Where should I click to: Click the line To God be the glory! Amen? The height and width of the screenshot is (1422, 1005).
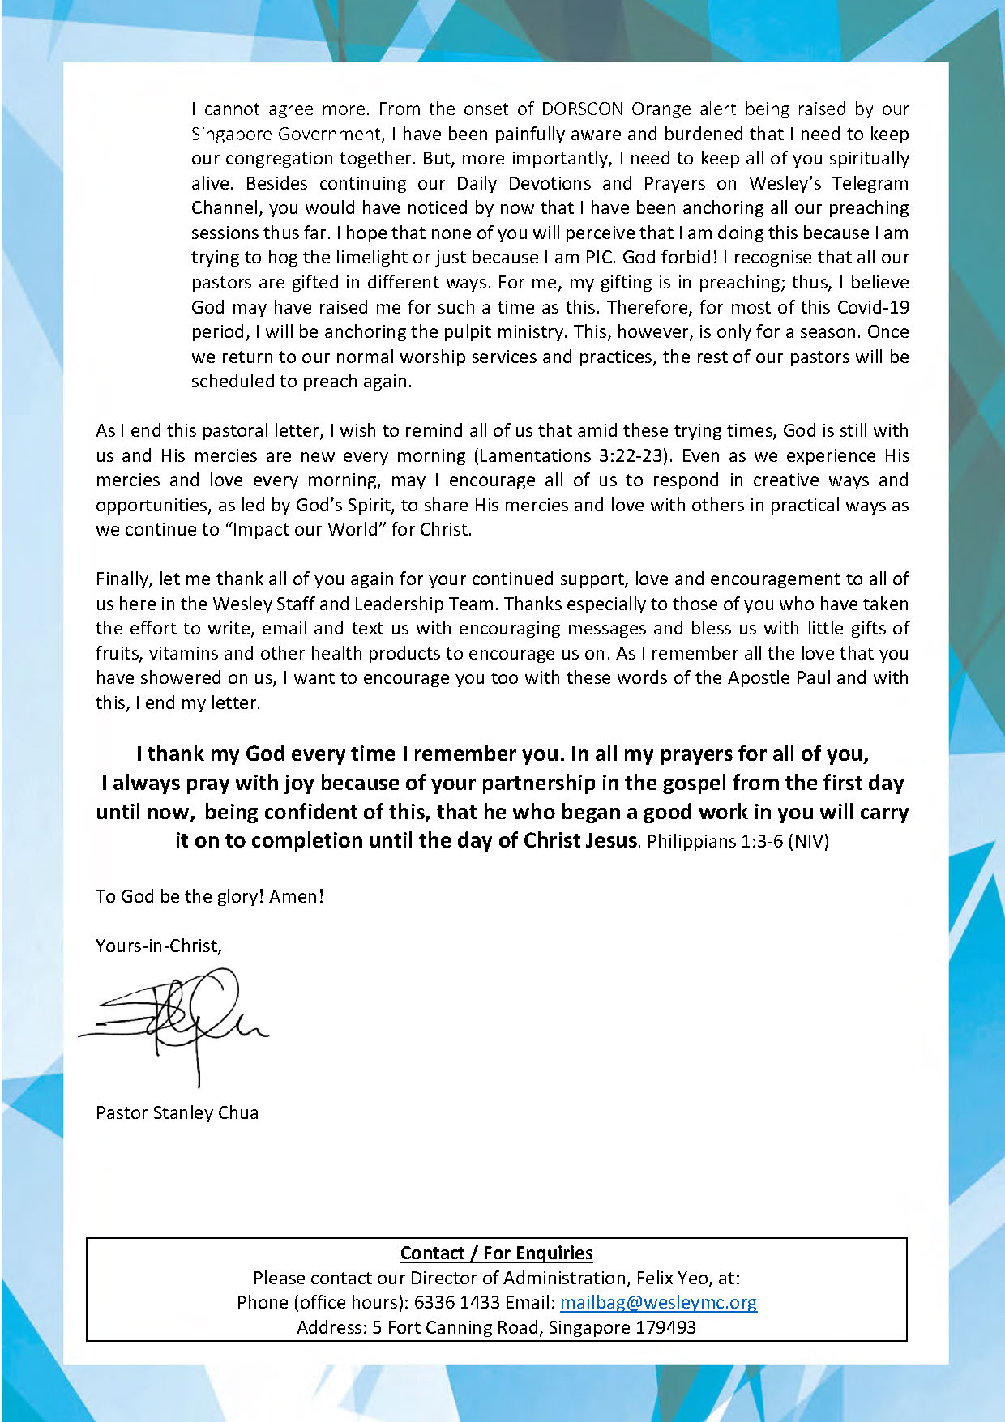click(210, 896)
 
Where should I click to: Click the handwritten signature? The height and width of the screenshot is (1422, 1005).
click(174, 1023)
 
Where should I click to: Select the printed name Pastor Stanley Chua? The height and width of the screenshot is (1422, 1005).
click(177, 1112)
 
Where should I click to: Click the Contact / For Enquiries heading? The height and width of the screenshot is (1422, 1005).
click(496, 1253)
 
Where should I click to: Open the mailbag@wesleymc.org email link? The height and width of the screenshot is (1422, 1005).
click(658, 1302)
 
